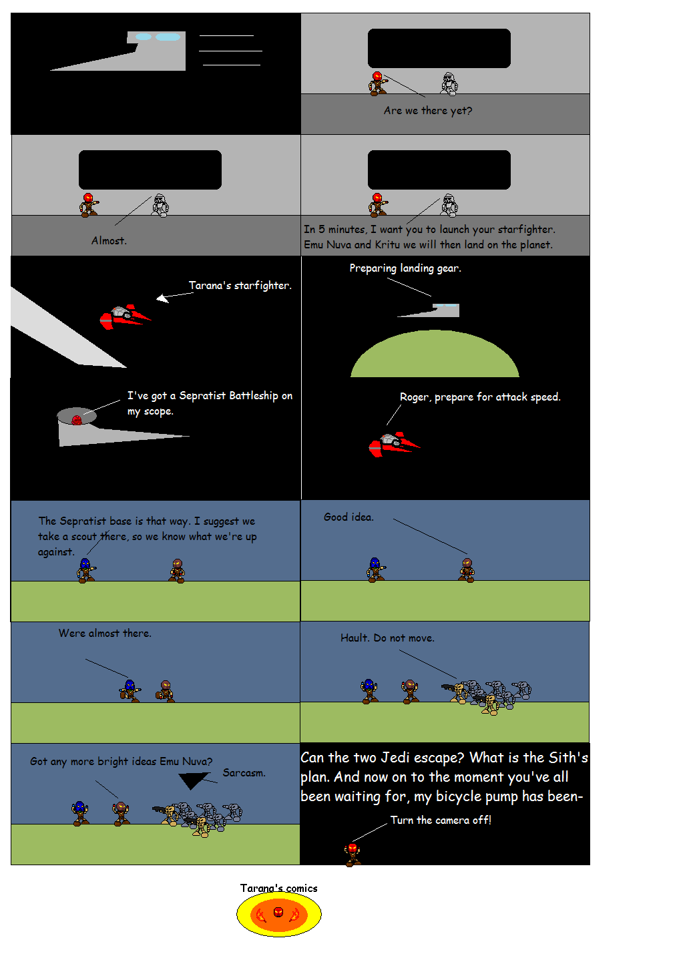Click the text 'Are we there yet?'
pos(427,111)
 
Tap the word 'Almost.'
pos(109,241)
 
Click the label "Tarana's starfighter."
pos(240,285)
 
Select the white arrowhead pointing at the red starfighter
pos(162,298)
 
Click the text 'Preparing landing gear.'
pos(405,268)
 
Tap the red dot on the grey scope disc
pos(77,420)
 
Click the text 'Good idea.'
pos(349,517)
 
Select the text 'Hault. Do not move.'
pos(387,638)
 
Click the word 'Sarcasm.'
pos(244,773)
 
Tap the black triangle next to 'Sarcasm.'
pos(193,780)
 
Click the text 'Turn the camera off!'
pos(441,820)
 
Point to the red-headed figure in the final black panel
pos(353,855)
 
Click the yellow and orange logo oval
pos(279,915)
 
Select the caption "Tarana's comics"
pos(279,889)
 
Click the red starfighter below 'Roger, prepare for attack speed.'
pos(394,444)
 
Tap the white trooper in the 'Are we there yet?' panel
pos(449,83)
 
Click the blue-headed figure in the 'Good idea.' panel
pos(375,569)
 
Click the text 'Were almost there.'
pos(105,633)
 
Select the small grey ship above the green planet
pos(429,310)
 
